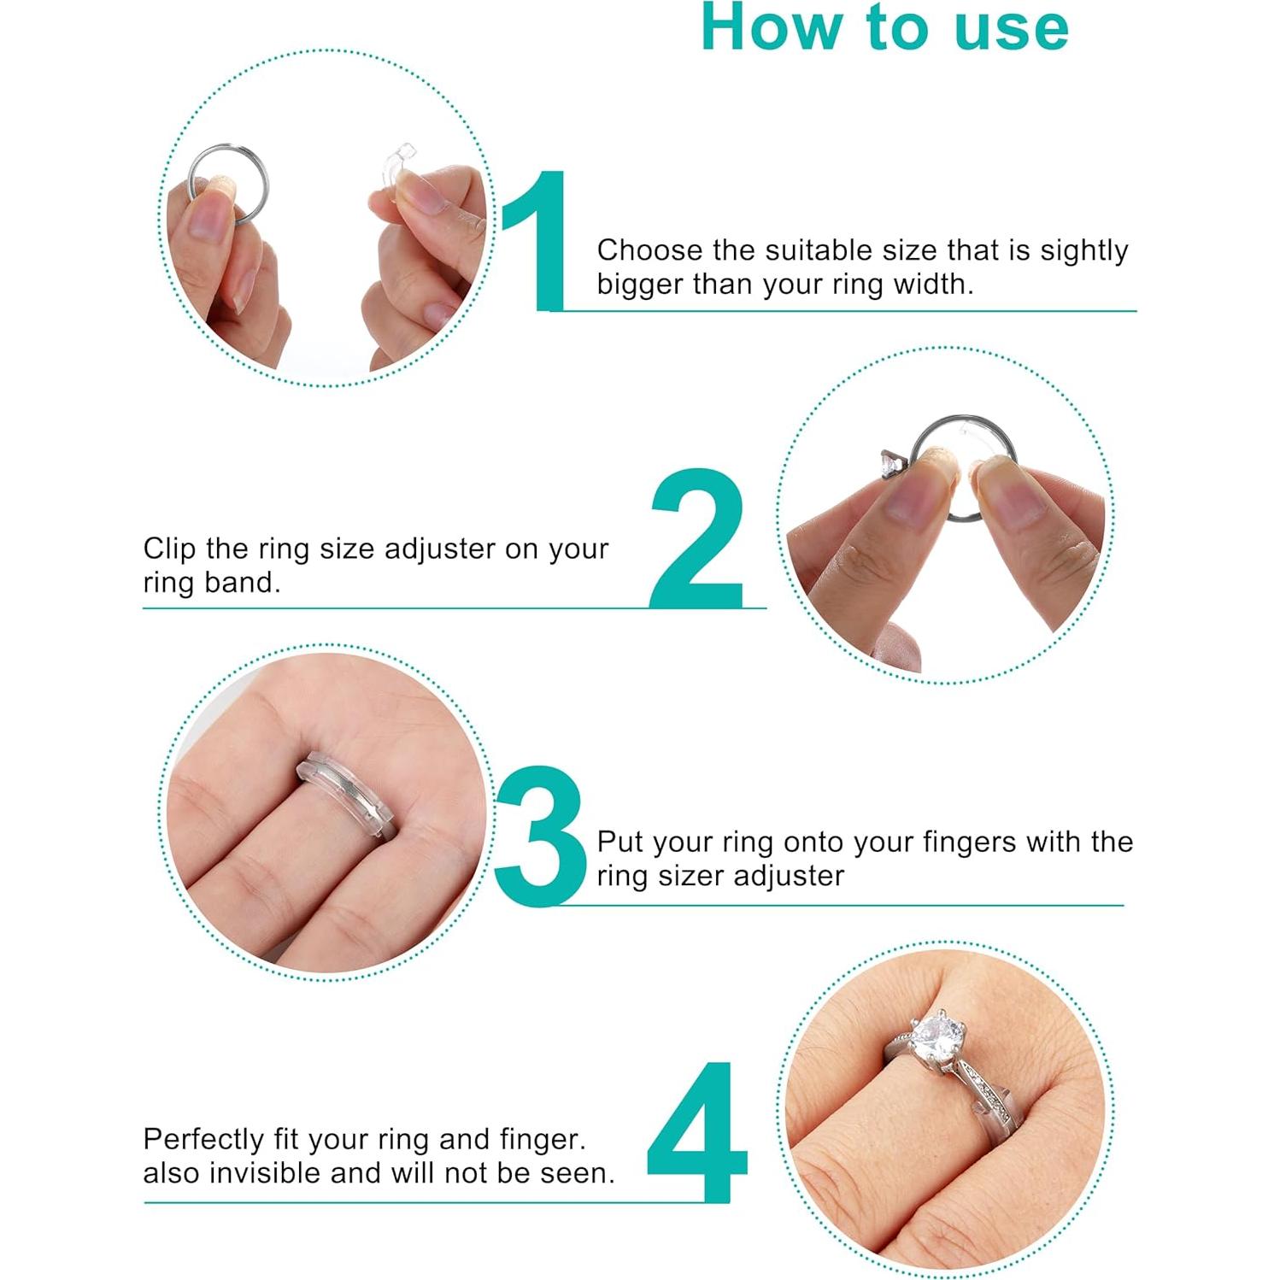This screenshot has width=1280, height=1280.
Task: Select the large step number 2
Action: coord(696,537)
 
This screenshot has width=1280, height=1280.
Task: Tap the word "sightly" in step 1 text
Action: coord(1083,251)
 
